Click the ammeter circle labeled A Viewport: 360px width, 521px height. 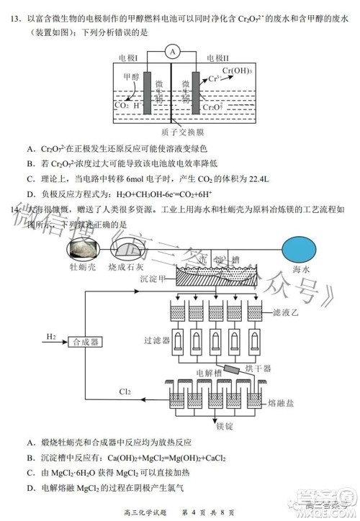(x=171, y=51)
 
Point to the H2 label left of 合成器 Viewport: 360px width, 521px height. (x=51, y=336)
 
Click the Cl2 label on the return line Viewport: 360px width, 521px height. (x=125, y=391)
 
